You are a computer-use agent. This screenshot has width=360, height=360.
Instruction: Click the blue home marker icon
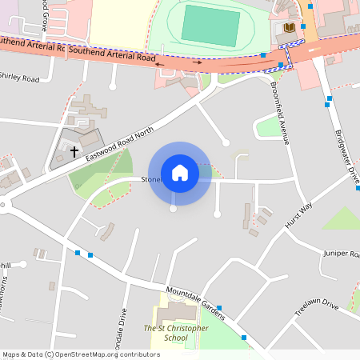[x=180, y=173]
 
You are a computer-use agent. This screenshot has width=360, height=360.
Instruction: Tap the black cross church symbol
[x=74, y=150]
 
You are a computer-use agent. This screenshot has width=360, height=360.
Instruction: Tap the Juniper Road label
[x=342, y=254]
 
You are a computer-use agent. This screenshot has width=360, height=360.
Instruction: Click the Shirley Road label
[x=19, y=78]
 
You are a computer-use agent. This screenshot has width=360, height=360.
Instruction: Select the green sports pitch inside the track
[x=210, y=25]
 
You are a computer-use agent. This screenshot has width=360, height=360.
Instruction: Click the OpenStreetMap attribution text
[x=81, y=354]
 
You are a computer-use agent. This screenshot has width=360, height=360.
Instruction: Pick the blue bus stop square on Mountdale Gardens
[x=219, y=307]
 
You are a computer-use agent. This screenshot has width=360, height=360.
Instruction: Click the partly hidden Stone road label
[x=151, y=180]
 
